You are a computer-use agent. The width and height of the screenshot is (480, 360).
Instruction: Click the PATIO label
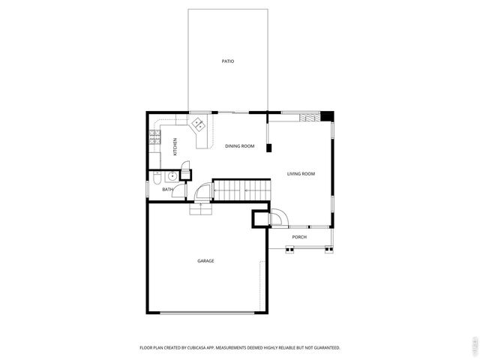(x=227, y=61)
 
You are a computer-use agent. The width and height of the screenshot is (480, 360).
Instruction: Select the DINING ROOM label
(x=239, y=146)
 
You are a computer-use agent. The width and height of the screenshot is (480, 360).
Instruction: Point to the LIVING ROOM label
(x=301, y=174)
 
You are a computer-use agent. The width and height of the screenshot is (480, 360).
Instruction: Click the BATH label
(x=168, y=190)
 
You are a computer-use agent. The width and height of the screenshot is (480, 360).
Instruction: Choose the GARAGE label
(x=205, y=261)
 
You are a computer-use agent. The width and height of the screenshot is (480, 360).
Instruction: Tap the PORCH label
(x=299, y=237)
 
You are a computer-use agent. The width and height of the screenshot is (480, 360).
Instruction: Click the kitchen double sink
(x=199, y=124)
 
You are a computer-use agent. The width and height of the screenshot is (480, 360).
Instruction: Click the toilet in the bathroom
(x=154, y=178)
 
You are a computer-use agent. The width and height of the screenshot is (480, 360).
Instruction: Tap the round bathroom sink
(x=172, y=176)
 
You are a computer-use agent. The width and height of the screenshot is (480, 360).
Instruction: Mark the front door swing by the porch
(x=277, y=217)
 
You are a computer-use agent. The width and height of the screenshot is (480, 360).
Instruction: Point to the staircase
(x=240, y=190)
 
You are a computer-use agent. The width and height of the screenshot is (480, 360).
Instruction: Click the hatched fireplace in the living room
(x=307, y=118)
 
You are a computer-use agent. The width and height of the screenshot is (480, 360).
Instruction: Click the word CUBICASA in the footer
(x=202, y=348)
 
